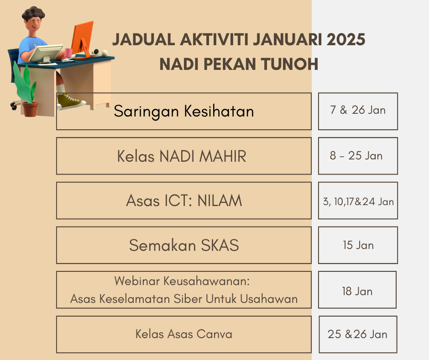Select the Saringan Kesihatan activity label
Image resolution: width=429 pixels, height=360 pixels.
(184, 111)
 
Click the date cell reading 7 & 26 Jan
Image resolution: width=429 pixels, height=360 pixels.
(358, 111)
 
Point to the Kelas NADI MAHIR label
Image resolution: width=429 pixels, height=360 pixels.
(182, 156)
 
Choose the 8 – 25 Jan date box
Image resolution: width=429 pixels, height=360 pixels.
(358, 156)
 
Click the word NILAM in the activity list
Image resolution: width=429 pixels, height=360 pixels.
(220, 201)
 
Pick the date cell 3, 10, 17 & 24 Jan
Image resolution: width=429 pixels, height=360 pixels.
(358, 201)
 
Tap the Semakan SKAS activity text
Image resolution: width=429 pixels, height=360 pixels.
(184, 245)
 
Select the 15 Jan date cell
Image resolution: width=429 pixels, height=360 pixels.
(358, 245)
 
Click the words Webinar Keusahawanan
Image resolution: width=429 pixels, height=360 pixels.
(182, 281)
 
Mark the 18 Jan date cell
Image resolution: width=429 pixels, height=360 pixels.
(357, 290)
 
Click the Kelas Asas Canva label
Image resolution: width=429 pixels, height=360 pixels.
(184, 334)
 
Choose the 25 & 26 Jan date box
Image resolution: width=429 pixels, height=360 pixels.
(358, 334)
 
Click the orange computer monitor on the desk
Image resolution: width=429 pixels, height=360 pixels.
(82, 38)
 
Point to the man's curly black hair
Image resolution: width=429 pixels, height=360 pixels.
(33, 13)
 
